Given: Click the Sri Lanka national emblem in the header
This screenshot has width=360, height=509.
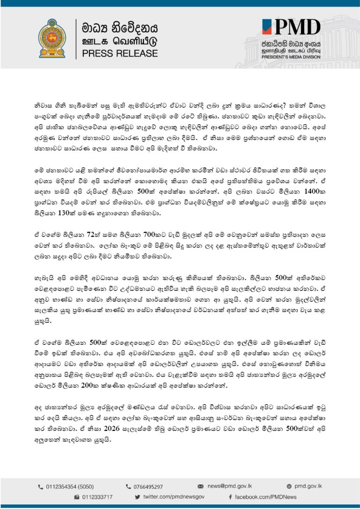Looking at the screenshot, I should (x=52, y=38).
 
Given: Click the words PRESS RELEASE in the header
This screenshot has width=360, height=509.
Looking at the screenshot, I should (x=120, y=53).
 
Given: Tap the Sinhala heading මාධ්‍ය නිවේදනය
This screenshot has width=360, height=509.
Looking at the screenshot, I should (x=120, y=27).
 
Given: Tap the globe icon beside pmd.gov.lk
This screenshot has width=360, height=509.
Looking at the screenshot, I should (x=289, y=487).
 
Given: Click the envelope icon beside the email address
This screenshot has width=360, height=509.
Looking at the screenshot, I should (x=201, y=487).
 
